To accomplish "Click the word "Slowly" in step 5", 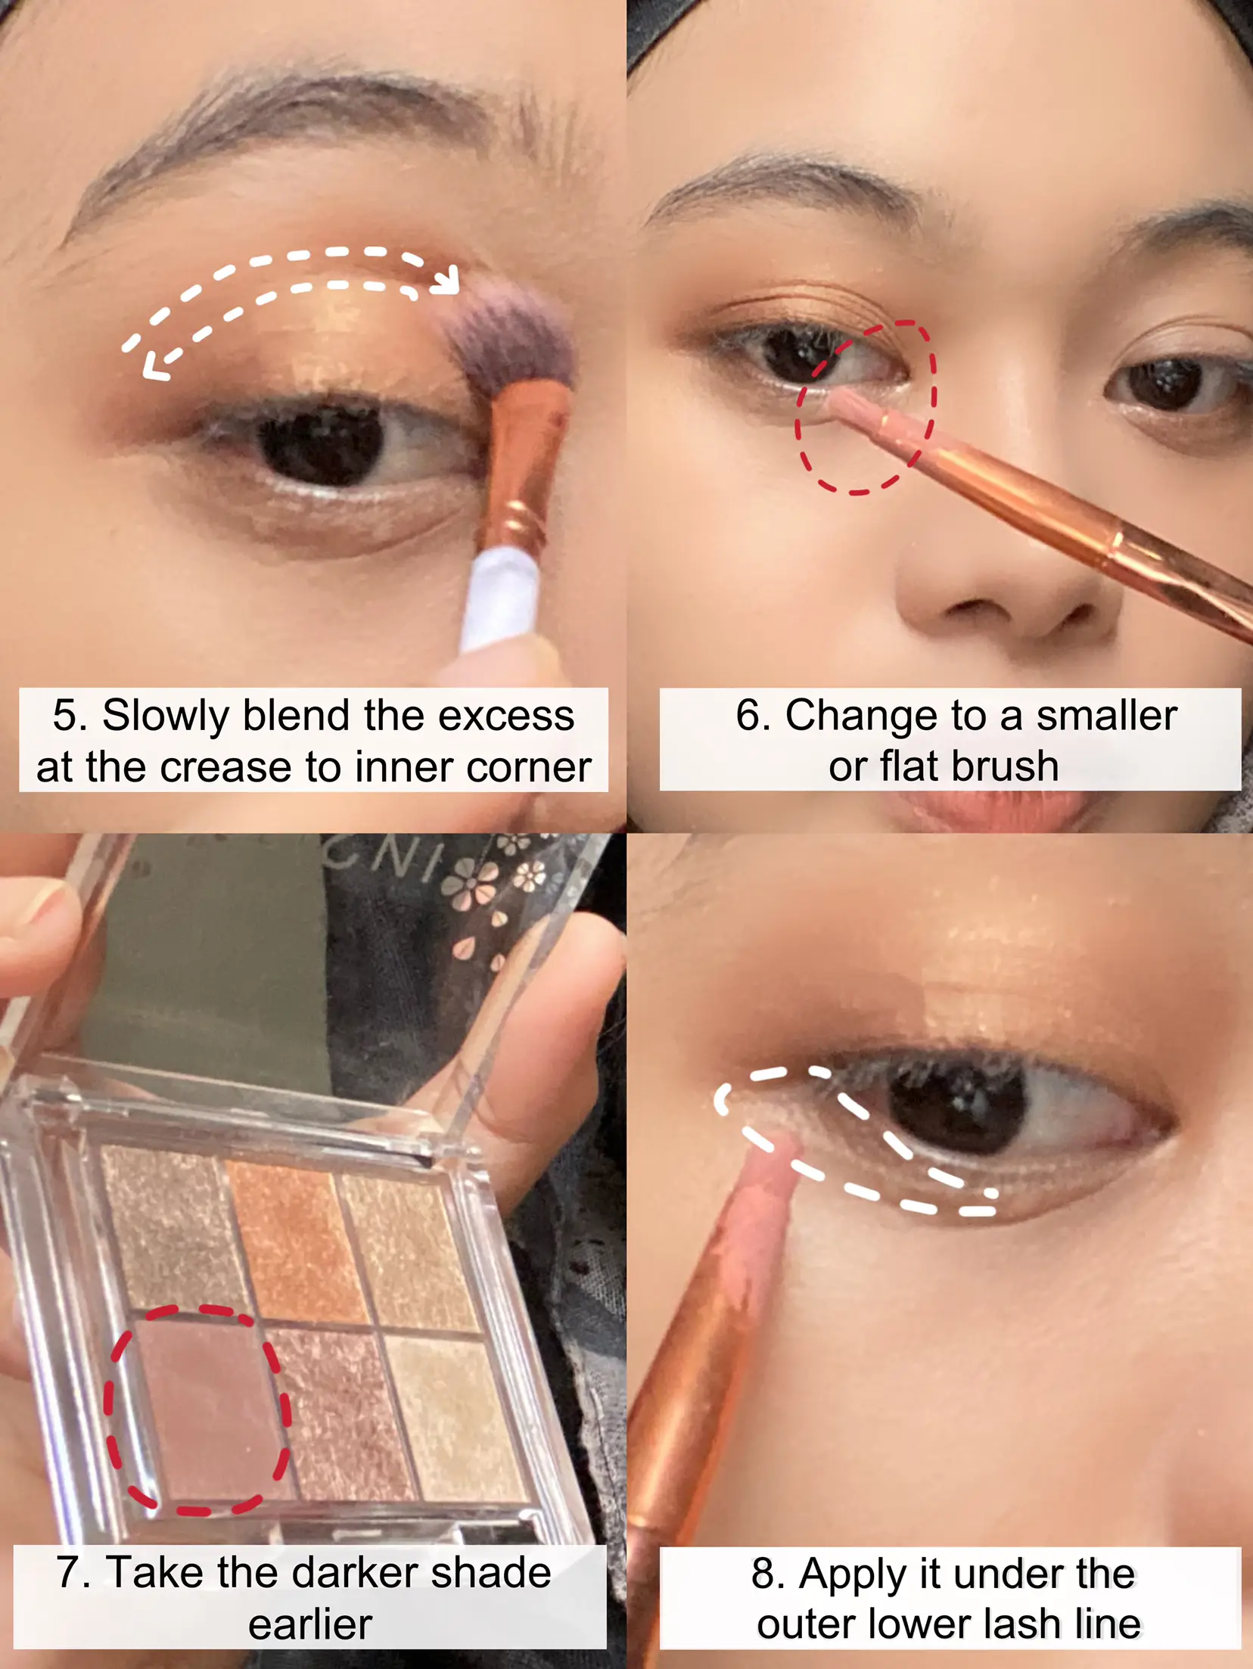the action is (165, 716).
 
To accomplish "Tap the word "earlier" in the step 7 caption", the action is (310, 1624).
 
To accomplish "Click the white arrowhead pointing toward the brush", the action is (446, 278).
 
